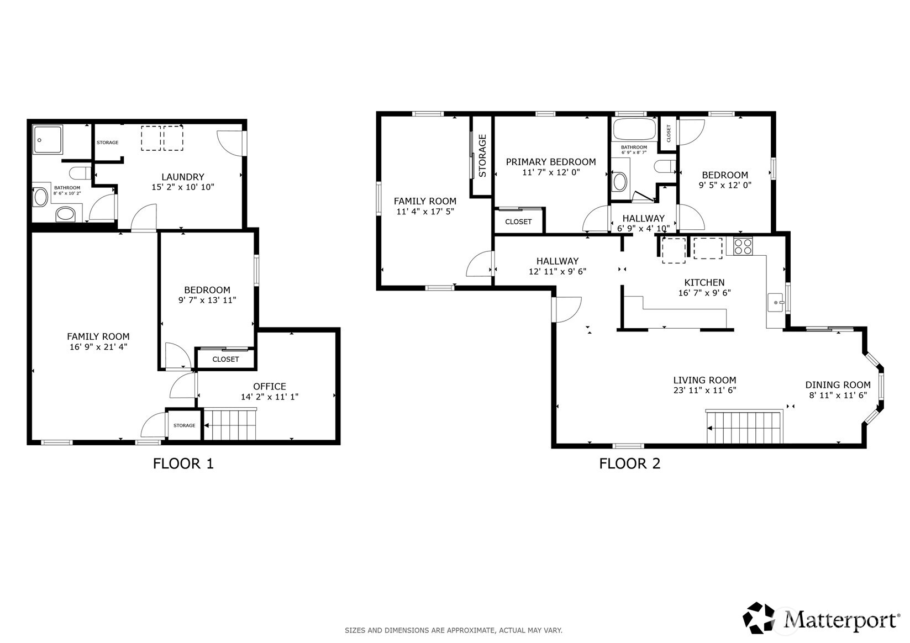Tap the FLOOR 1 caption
tap(183, 464)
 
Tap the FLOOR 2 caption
tap(629, 464)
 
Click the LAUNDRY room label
tap(183, 177)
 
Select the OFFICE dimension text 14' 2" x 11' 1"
tap(269, 397)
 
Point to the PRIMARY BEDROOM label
tap(551, 162)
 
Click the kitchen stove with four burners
tap(743, 246)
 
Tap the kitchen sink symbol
tap(776, 303)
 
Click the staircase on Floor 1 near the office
tap(230, 424)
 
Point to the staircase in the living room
tap(745, 427)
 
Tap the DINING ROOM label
tap(837, 385)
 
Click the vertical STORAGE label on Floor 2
tap(482, 156)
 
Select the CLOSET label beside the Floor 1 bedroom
tap(225, 360)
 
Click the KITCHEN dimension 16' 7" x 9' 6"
tap(704, 293)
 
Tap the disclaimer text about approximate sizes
tap(453, 630)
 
